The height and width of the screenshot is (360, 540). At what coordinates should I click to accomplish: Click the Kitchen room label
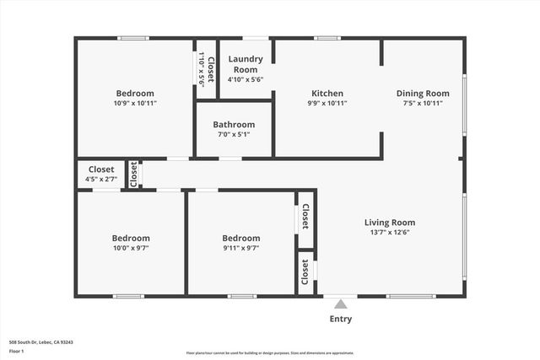click(x=327, y=94)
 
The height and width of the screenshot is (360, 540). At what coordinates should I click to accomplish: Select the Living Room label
click(x=390, y=223)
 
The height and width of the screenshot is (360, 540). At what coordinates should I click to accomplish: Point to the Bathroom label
click(x=234, y=125)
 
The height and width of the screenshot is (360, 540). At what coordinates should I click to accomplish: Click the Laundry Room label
click(x=246, y=64)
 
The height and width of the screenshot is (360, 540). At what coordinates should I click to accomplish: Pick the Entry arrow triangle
click(x=340, y=304)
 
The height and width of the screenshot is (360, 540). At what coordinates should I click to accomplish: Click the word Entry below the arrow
click(x=340, y=319)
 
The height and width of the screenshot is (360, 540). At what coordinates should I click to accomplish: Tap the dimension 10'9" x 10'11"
click(x=135, y=103)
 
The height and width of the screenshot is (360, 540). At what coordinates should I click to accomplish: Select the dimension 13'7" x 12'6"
click(x=390, y=234)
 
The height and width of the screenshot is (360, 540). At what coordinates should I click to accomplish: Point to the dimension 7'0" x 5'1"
click(x=234, y=134)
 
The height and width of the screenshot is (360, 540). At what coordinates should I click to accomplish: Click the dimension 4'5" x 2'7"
click(x=101, y=179)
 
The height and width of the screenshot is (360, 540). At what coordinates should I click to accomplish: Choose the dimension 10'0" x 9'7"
click(x=132, y=248)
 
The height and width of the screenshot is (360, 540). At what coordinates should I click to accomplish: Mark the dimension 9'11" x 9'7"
click(x=241, y=248)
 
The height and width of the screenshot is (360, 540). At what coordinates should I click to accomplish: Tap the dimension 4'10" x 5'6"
click(x=246, y=79)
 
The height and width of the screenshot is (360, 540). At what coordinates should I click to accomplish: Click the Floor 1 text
click(x=17, y=351)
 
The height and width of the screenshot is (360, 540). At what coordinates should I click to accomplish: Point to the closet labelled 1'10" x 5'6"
click(x=206, y=71)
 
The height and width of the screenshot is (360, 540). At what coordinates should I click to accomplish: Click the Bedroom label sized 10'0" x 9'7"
click(x=132, y=238)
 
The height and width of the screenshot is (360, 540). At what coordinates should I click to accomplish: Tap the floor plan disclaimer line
click(x=270, y=352)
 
